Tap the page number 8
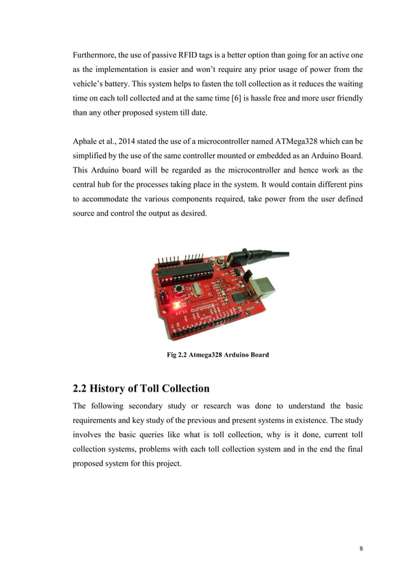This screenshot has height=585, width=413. pos(361,549)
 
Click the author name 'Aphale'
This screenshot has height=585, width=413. pos(87,141)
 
